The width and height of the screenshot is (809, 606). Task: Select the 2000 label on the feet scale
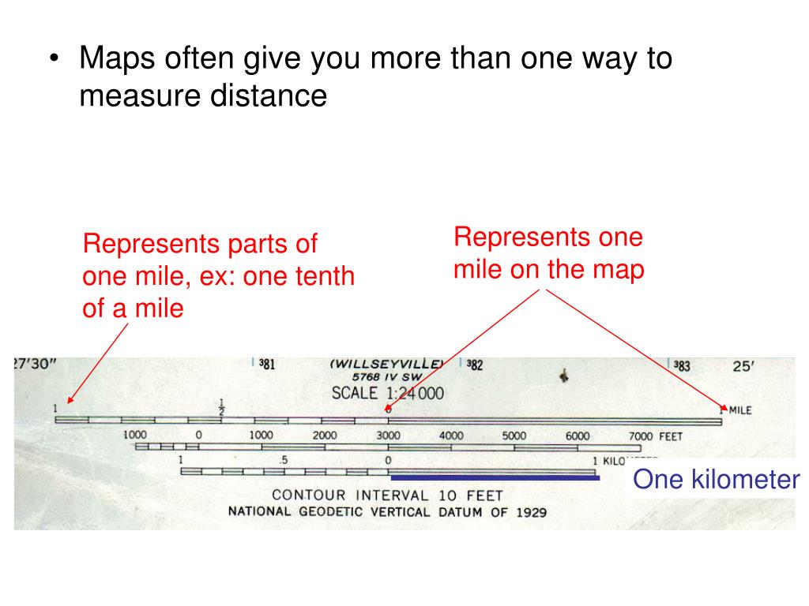click(324, 436)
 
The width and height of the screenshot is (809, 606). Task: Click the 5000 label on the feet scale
click(514, 436)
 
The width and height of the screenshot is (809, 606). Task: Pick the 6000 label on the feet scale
click(577, 436)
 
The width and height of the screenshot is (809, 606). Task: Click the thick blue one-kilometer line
click(495, 477)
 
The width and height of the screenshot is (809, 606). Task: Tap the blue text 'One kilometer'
click(717, 479)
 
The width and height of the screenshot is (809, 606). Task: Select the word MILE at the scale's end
click(740, 410)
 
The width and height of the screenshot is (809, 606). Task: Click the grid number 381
click(267, 365)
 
